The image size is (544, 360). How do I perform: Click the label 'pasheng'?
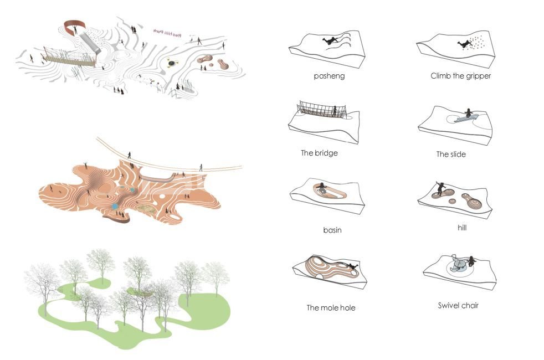pyautogui.click(x=329, y=76)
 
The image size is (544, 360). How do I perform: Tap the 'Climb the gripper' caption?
pyautogui.click(x=460, y=76)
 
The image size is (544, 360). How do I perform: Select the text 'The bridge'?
pyautogui.click(x=319, y=153)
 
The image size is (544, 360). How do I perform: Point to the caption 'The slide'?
pyautogui.click(x=451, y=155)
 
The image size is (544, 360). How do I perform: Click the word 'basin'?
pyautogui.click(x=332, y=230)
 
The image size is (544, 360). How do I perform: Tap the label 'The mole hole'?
pyautogui.click(x=331, y=307)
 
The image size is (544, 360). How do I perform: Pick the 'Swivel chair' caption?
pyautogui.click(x=458, y=305)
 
